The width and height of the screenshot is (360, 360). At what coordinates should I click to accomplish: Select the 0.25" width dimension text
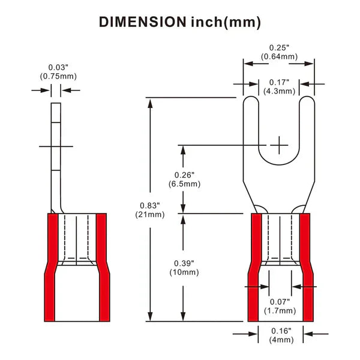[279, 47]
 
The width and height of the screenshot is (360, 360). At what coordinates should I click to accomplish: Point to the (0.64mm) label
[279, 56]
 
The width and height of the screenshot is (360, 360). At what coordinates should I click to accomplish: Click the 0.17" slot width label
[279, 82]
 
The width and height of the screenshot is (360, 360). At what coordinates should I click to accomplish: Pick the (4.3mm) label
[279, 91]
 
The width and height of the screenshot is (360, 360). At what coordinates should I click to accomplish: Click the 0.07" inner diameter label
[280, 301]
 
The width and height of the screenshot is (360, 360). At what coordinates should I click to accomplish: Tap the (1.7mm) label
[280, 310]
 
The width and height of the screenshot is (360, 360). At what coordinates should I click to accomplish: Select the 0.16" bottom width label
[280, 331]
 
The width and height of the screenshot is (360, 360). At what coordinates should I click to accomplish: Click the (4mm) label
[280, 340]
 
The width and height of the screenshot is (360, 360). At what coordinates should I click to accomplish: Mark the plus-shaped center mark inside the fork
[280, 145]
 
